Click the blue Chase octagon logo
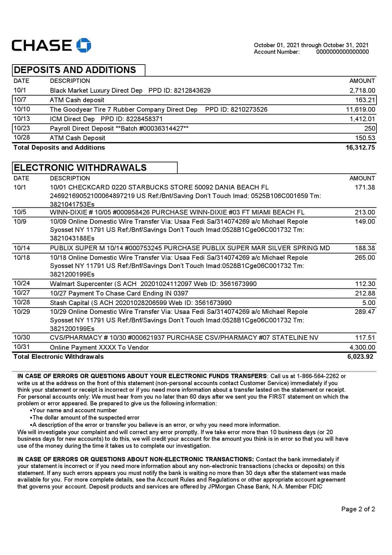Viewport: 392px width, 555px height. point(84,45)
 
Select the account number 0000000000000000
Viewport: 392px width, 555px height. point(342,52)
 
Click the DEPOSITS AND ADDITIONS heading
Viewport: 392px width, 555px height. point(75,70)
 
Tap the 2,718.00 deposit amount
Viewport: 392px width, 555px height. point(362,90)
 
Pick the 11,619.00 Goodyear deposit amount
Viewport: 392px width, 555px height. point(361,109)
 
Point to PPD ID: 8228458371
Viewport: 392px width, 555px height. point(132,119)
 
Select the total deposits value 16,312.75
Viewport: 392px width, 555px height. point(360,147)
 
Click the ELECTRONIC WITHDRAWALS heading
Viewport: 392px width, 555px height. point(80,168)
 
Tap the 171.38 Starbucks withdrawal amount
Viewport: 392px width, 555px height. point(365,187)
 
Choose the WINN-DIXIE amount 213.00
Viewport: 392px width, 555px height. point(365,212)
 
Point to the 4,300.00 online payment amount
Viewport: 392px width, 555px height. point(362,347)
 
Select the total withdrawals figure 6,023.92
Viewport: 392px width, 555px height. point(360,357)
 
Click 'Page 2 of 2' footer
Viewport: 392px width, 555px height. point(358,509)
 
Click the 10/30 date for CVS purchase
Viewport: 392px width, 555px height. point(22,337)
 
